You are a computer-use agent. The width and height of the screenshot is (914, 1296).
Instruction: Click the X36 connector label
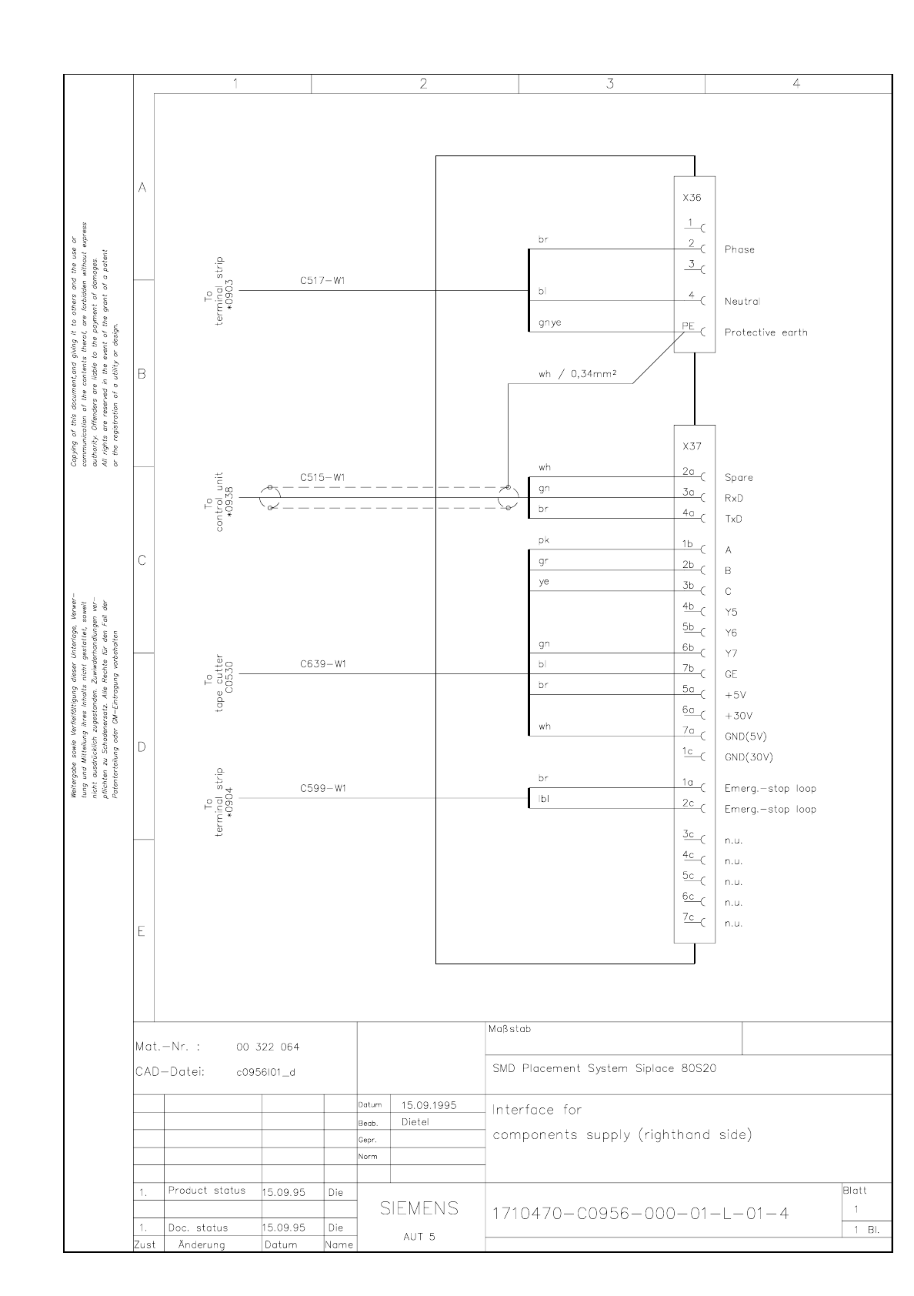692,198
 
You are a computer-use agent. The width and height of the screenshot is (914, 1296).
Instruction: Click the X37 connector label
692,446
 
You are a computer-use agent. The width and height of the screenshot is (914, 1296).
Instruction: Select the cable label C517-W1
322,281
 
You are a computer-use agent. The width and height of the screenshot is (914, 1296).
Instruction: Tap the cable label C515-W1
322,478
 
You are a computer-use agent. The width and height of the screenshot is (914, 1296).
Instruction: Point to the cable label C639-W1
323,664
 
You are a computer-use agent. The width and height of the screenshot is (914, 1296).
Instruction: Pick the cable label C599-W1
323,789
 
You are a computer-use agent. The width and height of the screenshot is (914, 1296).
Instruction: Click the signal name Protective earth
766,332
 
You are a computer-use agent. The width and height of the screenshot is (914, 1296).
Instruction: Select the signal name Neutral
742,302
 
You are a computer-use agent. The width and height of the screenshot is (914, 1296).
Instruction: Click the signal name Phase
739,249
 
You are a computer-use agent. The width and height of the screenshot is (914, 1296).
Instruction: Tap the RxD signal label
734,499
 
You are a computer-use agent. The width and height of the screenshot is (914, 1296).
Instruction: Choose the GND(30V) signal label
749,757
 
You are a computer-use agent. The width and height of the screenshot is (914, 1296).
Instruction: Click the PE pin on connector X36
688,326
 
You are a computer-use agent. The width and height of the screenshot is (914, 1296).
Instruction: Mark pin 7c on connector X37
688,917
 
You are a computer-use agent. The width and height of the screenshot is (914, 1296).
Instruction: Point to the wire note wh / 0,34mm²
579,376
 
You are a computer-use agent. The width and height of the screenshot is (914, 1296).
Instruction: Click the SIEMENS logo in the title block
419,1209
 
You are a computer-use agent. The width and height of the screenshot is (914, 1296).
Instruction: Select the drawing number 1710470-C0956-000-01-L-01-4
640,1214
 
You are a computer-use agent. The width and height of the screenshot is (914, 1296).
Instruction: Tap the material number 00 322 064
268,1047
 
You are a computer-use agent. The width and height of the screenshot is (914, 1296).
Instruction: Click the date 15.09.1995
429,1105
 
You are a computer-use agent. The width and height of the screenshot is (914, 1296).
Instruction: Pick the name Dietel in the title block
415,1122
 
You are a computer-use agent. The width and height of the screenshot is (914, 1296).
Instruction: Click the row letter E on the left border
142,932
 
